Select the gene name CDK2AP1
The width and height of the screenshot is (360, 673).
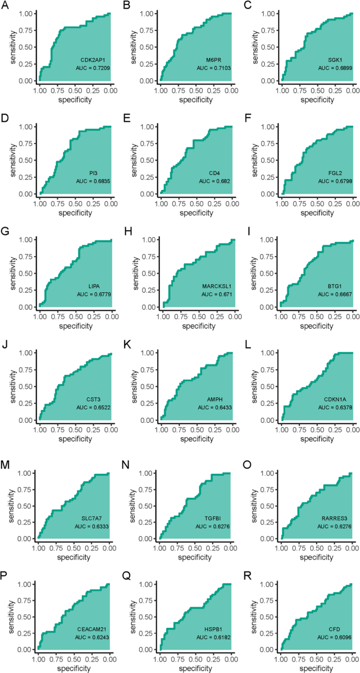click(x=92, y=60)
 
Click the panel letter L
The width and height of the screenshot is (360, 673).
click(x=246, y=344)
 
